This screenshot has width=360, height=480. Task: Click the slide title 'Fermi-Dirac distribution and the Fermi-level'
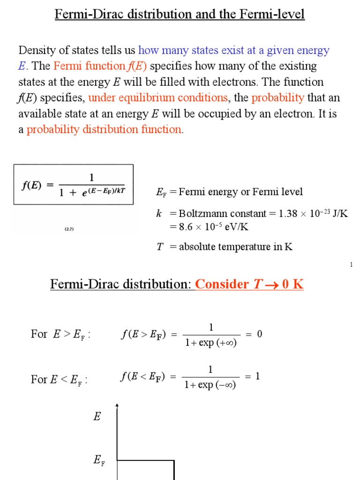[180, 15]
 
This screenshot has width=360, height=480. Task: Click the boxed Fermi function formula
[73, 184]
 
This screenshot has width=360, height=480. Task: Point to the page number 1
[351, 265]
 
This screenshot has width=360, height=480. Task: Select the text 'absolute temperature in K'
[236, 247]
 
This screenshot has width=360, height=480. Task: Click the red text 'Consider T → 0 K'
[249, 284]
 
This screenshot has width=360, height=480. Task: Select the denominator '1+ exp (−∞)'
[210, 385]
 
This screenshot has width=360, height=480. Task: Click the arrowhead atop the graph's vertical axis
[117, 405]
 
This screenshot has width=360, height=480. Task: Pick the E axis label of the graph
[97, 416]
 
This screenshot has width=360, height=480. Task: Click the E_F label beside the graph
[99, 461]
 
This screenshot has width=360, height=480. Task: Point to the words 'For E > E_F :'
[60, 334]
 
